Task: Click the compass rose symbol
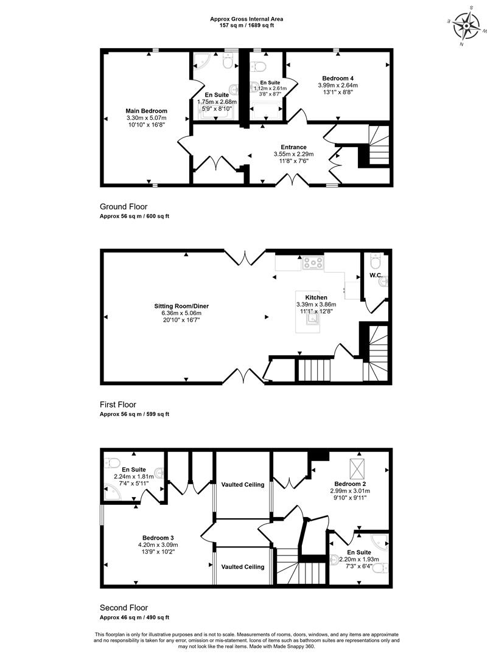[x=467, y=26]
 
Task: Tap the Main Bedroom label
[x=146, y=111]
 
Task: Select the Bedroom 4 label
[x=338, y=78]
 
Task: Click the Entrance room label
[x=293, y=147]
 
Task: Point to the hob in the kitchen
[x=313, y=263]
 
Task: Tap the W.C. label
[x=375, y=276]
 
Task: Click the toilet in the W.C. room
[x=375, y=261]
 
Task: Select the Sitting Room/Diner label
[x=181, y=306]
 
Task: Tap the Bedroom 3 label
[x=158, y=538]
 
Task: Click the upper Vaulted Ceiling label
[x=243, y=485]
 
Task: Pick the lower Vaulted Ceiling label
[x=243, y=567]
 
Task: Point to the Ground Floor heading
[x=124, y=207]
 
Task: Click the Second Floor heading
[x=124, y=608]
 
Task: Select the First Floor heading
[x=118, y=405]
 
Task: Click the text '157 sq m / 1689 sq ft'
[x=247, y=25]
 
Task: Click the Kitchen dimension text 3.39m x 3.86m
[x=316, y=305]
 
